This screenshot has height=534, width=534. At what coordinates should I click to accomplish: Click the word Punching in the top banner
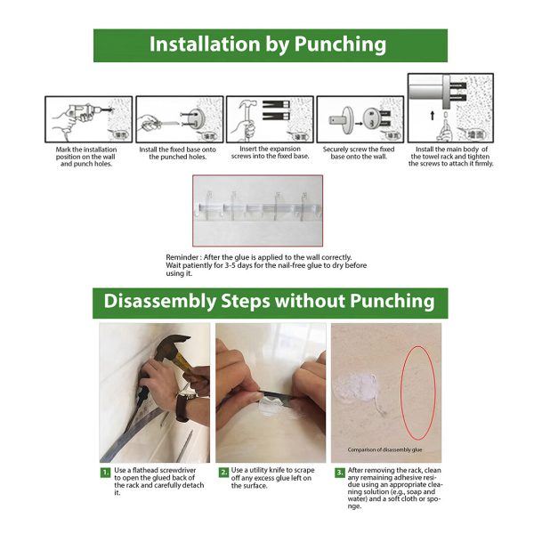coord(340,44)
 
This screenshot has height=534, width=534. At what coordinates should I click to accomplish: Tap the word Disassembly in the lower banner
coord(159,302)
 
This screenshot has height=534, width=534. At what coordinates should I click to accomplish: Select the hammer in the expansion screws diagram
coord(247,117)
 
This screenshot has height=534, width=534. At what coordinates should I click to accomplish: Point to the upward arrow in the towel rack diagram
coord(433,116)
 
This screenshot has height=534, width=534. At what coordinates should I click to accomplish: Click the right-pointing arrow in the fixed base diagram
coord(359,124)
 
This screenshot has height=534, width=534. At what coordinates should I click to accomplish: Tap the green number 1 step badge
coord(106,473)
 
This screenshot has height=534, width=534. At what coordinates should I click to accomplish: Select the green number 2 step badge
coord(223,473)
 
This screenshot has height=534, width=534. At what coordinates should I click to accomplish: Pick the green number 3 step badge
coord(340,473)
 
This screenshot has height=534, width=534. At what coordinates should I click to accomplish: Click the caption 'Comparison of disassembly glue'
coord(384,449)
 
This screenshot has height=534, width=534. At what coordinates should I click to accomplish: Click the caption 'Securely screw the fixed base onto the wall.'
coord(359,153)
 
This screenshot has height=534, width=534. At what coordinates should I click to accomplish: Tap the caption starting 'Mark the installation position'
coord(86,157)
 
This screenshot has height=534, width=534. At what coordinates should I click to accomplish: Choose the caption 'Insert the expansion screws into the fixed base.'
coord(270,152)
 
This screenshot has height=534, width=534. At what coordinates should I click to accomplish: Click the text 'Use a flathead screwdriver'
coord(155,470)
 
